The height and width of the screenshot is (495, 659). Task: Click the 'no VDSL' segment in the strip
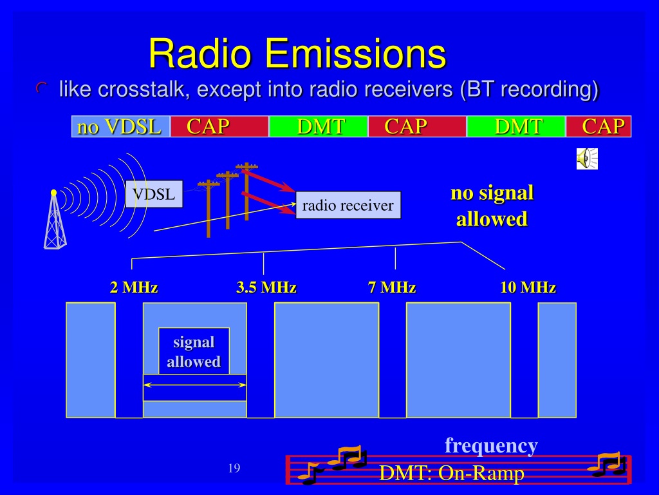pos(121,126)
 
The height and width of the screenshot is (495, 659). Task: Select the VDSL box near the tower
pos(154,194)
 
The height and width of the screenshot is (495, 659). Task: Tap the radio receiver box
pos(348,205)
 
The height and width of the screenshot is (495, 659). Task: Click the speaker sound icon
pos(587,159)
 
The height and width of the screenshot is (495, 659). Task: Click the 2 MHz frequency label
pos(134,287)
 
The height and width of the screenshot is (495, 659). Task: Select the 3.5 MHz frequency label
pos(266,287)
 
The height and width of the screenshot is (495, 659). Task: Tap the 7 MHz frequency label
pos(392,287)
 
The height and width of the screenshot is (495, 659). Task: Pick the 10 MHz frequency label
pos(528,287)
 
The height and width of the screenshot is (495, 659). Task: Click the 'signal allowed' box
pos(194,351)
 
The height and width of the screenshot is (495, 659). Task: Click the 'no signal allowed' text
pos(492,206)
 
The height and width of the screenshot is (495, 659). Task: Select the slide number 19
pos(234,468)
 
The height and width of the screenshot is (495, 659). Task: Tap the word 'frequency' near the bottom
pos(491,445)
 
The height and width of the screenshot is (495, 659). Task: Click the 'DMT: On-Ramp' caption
pos(452,473)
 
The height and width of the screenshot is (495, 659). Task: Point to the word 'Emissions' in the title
pos(355,53)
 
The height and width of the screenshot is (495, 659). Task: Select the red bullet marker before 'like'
pos(41,88)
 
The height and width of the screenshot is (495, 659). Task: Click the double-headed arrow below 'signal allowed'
pos(194,385)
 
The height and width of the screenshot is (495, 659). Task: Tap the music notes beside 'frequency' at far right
pos(608,464)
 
